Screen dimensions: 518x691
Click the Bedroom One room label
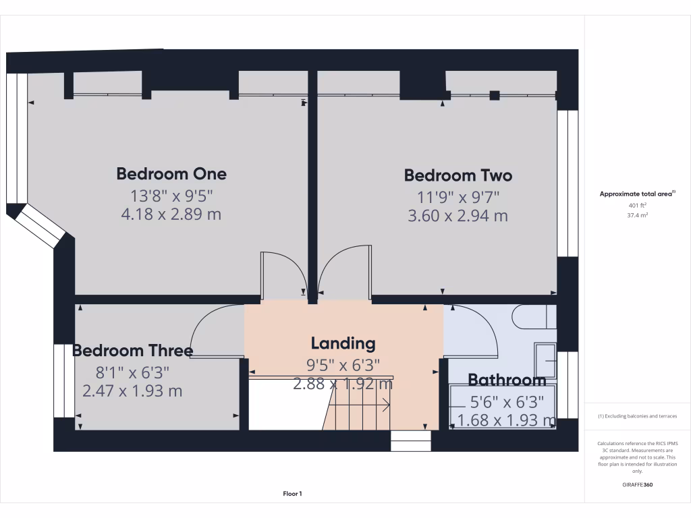coord(171,173)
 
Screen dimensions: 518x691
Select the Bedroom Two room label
coord(458,175)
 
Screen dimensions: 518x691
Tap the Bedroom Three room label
coord(132,351)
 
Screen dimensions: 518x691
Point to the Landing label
coord(343,343)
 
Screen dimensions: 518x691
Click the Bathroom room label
coord(507,380)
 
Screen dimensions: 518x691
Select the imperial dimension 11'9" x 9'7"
coord(458,198)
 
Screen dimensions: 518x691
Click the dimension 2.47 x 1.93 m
coord(132,391)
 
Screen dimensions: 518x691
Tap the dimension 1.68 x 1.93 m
coord(507,421)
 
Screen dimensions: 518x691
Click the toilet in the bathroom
coord(533,316)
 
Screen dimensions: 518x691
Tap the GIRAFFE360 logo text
coord(637,484)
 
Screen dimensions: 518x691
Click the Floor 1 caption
coord(292,494)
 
